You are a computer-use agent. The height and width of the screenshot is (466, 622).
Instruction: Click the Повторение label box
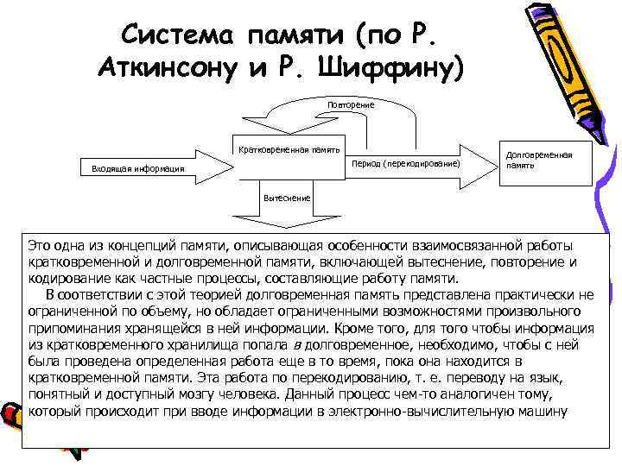coord(350,104)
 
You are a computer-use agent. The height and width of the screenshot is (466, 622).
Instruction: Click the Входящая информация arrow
coord(138,168)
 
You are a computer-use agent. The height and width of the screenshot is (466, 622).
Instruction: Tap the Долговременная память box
coord(537,160)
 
